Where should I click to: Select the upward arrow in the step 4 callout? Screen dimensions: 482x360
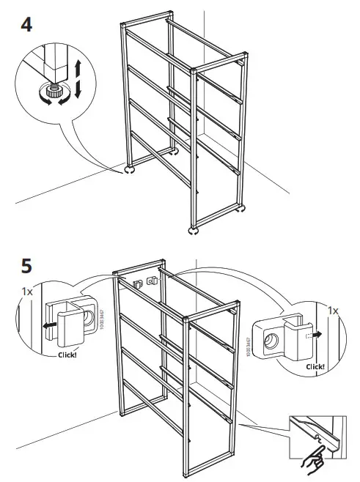(x=76, y=71)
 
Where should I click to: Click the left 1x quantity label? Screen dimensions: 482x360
(x=27, y=291)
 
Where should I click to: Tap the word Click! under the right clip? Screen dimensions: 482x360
(x=315, y=366)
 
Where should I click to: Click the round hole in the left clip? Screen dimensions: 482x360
(x=88, y=318)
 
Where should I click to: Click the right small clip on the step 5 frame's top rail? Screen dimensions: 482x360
(x=152, y=281)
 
